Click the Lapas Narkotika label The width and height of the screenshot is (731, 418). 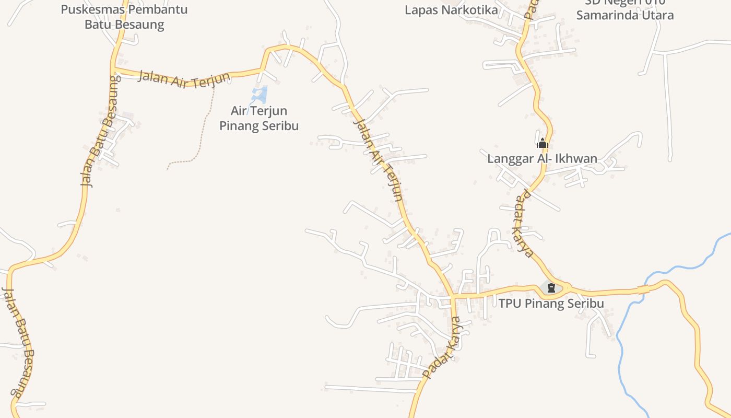(x=451, y=10)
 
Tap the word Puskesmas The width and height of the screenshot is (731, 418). (x=92, y=9)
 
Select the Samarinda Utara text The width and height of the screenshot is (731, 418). (x=625, y=15)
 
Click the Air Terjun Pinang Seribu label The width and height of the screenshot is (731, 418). (x=259, y=118)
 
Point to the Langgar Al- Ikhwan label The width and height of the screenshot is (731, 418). (x=542, y=158)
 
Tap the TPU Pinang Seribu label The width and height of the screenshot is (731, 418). (x=551, y=304)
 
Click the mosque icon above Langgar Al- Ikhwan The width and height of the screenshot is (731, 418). (x=542, y=143)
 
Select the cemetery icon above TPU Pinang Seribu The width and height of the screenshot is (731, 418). (x=551, y=287)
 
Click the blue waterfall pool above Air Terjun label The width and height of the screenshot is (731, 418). (x=260, y=94)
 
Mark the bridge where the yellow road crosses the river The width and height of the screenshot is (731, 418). (x=643, y=289)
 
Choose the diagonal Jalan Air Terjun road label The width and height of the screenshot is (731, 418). (x=379, y=159)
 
